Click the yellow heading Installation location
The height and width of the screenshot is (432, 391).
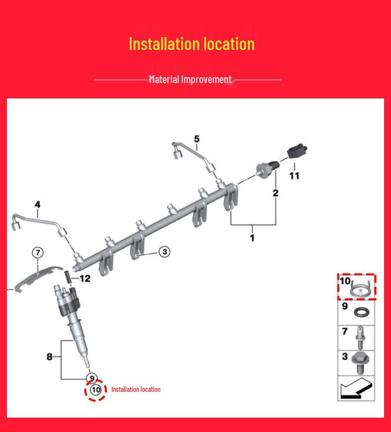[x=192, y=44]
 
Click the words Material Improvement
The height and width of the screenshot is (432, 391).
[x=190, y=80]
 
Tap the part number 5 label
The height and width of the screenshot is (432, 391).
[x=196, y=139]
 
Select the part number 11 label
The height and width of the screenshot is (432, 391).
[x=294, y=176]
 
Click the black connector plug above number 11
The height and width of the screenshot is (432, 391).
[x=297, y=151]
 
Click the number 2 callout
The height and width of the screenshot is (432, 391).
[x=276, y=193]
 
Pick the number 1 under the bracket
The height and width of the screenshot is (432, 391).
[x=252, y=238]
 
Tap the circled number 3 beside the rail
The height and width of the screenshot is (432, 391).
[x=164, y=251]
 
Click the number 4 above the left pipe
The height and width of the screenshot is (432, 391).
[x=38, y=204]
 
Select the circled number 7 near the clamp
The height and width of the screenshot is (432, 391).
[x=38, y=252]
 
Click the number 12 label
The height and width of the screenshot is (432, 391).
[x=85, y=279]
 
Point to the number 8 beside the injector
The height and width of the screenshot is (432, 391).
[x=49, y=357]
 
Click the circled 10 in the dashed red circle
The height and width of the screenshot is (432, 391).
[x=96, y=390]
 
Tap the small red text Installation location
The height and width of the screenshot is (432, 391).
[x=136, y=389]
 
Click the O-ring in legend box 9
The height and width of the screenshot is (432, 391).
[x=361, y=312]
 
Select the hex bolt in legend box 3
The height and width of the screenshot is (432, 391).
[x=359, y=363]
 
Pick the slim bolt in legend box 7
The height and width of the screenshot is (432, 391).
[x=360, y=337]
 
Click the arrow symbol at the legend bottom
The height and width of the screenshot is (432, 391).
[x=356, y=388]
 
